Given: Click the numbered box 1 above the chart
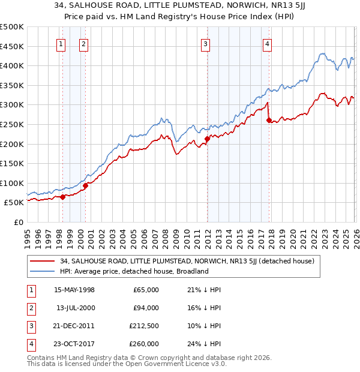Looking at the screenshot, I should tap(61, 43).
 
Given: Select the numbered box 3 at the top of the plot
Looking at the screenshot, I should tap(206, 43).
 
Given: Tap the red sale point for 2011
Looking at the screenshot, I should tap(207, 139).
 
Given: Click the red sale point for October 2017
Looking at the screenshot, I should tap(269, 120).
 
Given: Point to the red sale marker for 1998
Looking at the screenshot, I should tap(62, 197).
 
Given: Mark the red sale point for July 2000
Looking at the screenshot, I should tap(85, 185).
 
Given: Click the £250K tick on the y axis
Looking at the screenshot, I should tap(12, 124).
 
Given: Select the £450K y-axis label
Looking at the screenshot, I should tap(12, 46).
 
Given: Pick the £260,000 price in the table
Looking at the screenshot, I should tap(146, 344).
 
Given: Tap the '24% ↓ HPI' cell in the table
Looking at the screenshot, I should tap(204, 344).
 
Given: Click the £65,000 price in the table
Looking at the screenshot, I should tap(148, 290).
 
